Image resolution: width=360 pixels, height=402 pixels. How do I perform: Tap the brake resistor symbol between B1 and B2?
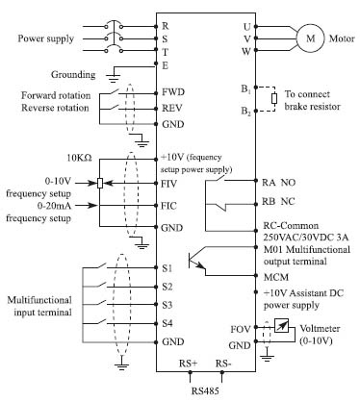(274, 99)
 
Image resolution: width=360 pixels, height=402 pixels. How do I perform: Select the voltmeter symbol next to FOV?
(281, 327)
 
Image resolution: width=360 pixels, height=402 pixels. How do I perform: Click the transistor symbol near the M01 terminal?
(196, 261)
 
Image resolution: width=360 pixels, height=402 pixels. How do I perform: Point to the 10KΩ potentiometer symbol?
(100, 183)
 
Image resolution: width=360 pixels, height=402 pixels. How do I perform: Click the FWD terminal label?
(173, 92)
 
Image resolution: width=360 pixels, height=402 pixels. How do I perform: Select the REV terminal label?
(172, 108)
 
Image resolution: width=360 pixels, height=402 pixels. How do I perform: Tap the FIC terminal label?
(168, 206)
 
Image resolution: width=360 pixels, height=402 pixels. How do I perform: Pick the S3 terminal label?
(167, 305)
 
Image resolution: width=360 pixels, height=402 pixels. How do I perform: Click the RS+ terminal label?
(188, 364)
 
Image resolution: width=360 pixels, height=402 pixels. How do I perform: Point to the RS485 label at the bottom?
(205, 391)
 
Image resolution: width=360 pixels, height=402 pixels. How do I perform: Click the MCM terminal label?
(276, 277)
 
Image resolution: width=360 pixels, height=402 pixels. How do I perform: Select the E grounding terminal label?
(166, 65)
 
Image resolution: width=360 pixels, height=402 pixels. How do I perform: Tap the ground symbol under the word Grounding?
(113, 77)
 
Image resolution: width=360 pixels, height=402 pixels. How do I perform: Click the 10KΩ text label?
(79, 158)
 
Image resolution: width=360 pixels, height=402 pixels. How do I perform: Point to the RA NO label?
(278, 183)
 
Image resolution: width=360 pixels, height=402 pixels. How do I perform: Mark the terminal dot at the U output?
(256, 26)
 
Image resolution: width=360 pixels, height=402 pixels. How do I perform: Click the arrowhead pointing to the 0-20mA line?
(92, 205)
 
